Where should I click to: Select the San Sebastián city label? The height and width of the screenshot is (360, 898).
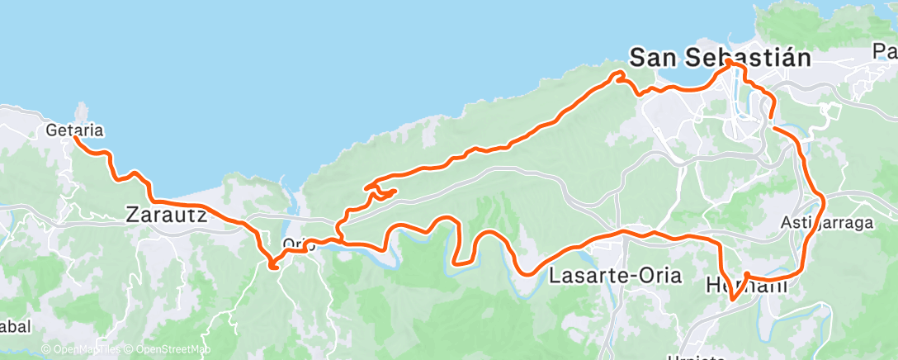click(x=718, y=58)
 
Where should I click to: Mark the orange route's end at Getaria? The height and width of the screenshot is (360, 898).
click(x=75, y=137)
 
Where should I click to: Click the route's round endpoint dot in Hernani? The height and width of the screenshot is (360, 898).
click(x=746, y=275)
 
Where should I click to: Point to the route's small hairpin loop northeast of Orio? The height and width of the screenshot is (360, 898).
click(x=381, y=192)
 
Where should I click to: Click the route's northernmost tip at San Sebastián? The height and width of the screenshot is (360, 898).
click(x=730, y=62)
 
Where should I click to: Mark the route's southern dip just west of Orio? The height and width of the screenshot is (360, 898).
click(x=273, y=265)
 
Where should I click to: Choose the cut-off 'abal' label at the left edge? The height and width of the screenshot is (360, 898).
click(x=15, y=327)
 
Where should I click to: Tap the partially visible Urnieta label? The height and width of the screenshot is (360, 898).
click(x=698, y=357)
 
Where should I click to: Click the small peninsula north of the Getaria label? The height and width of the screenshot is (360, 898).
click(x=81, y=111)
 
